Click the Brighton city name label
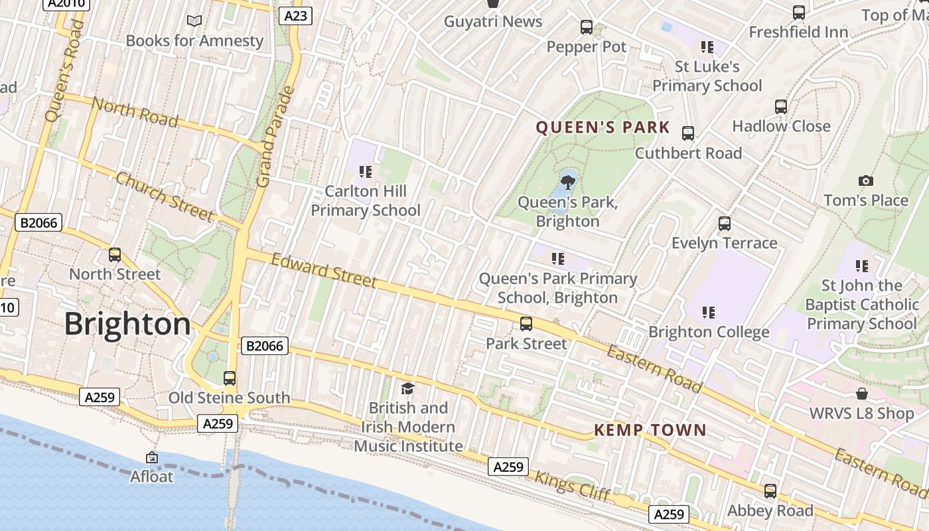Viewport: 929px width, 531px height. click(127, 325)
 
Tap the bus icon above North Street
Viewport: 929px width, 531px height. click(115, 255)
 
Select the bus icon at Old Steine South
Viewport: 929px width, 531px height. click(230, 378)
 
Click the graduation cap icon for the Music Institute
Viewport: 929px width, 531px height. click(407, 388)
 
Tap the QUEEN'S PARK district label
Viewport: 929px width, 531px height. click(603, 127)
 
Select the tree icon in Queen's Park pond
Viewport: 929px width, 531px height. click(567, 181)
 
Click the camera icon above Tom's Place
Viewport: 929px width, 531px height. click(865, 181)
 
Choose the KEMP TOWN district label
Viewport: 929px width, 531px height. click(650, 430)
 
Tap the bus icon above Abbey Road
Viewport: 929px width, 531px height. click(770, 491)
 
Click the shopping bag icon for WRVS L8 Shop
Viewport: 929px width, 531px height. click(861, 394)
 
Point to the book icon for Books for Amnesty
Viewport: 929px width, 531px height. click(194, 21)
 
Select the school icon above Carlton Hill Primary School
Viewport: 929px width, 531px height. click(365, 172)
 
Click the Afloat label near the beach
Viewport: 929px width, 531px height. click(151, 476)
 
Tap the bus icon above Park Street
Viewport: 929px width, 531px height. click(526, 324)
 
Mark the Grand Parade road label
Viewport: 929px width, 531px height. click(274, 136)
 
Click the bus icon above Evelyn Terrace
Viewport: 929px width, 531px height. click(725, 224)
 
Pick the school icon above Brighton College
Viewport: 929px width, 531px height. click(708, 312)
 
